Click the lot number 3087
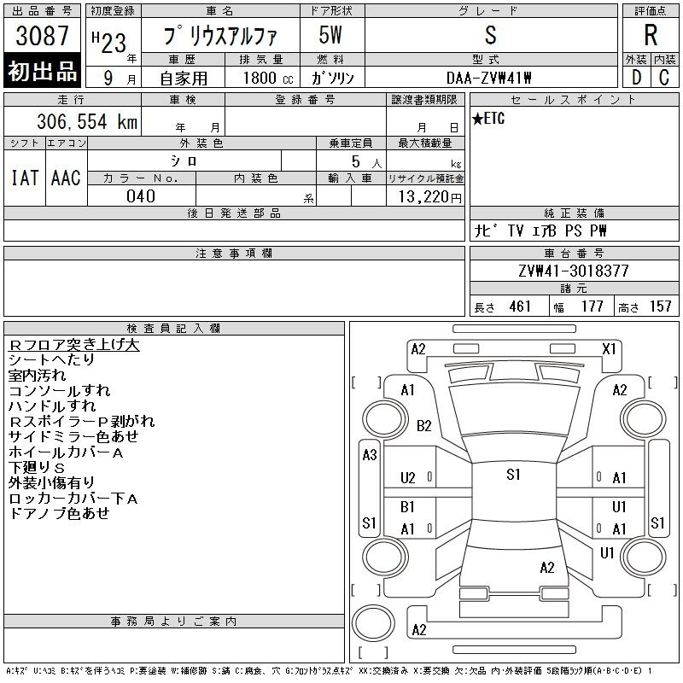click(x=42, y=36)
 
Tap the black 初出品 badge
click(x=42, y=70)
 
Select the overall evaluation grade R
click(x=651, y=35)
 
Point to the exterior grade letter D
click(x=636, y=78)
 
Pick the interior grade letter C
click(x=664, y=78)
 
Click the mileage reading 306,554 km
click(x=87, y=121)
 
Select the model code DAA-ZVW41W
click(x=488, y=78)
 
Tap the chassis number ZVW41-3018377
click(x=574, y=271)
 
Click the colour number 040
click(x=141, y=196)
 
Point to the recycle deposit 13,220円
click(x=429, y=197)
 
